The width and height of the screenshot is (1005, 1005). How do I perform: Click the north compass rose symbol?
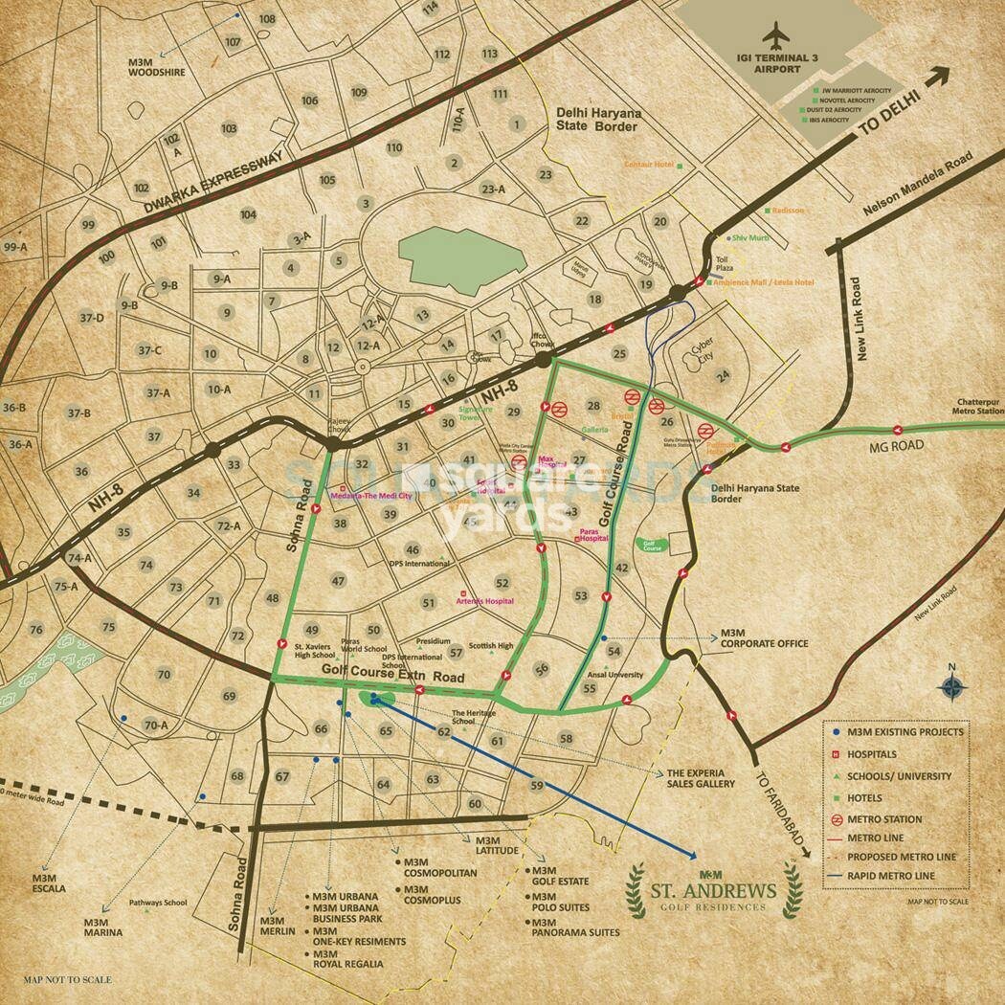coord(950,684)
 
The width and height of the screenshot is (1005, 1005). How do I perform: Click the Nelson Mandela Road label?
coord(916,184)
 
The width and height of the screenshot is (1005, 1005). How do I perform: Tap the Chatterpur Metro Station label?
coord(975,408)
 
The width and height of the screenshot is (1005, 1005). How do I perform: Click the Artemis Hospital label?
coord(490,601)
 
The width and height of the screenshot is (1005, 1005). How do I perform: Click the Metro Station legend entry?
coord(884,819)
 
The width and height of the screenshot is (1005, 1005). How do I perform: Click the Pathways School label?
coord(160,903)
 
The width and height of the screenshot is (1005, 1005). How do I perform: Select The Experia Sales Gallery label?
coord(701,777)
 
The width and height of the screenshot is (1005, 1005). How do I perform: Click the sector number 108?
coord(267,19)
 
